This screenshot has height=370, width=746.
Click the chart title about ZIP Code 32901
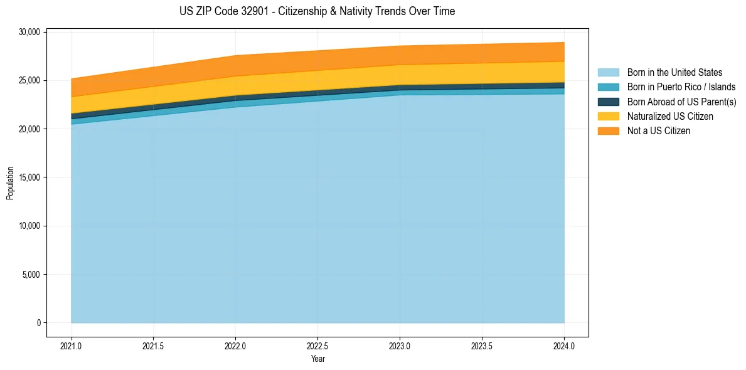tap(317, 11)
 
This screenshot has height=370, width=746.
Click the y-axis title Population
tap(10, 183)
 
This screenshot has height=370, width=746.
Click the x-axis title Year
tap(317, 359)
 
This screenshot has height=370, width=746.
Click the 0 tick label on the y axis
tap(38, 323)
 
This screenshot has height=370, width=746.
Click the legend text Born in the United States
tap(674, 73)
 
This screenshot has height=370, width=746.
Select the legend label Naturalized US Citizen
tap(670, 117)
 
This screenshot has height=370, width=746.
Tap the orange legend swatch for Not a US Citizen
tap(608, 131)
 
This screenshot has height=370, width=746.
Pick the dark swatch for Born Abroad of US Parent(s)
tap(608, 102)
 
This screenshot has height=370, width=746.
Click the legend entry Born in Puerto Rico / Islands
tap(681, 87)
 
